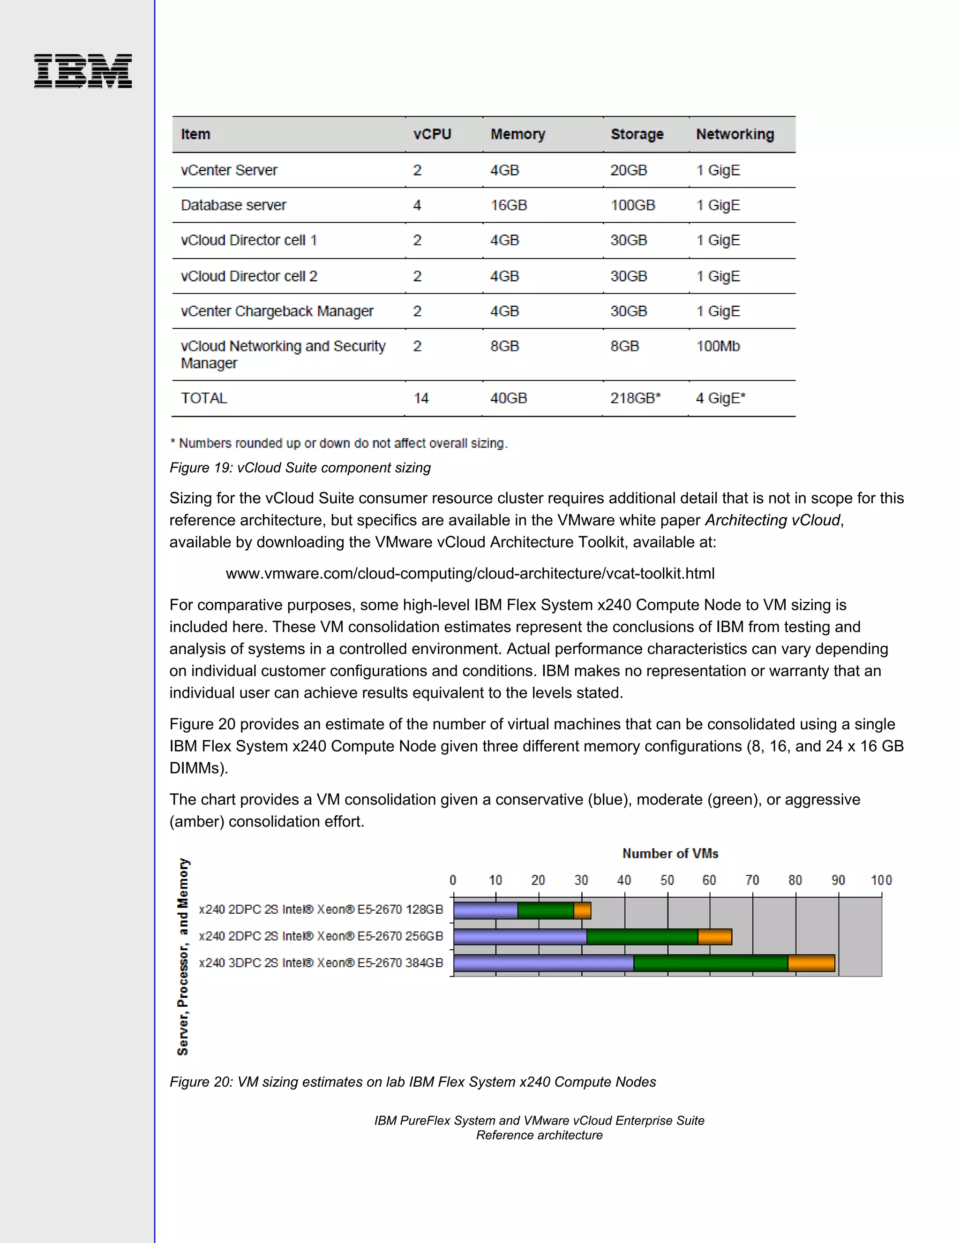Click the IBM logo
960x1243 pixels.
pyautogui.click(x=83, y=71)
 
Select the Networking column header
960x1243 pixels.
pyautogui.click(x=735, y=134)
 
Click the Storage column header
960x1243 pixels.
pyautogui.click(x=637, y=134)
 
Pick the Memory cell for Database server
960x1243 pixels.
pyautogui.click(x=509, y=205)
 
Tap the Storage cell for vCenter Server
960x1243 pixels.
pyautogui.click(x=629, y=170)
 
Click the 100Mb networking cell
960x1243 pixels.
pyautogui.click(x=718, y=346)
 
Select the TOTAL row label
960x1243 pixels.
pyautogui.click(x=203, y=398)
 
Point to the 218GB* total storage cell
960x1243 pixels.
pyautogui.click(x=635, y=398)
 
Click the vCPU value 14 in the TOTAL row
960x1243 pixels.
pyautogui.click(x=421, y=398)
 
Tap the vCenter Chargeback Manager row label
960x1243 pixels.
pyautogui.click(x=277, y=311)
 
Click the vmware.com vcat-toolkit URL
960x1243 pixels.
pyautogui.click(x=470, y=573)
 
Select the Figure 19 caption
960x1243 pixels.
pyautogui.click(x=300, y=468)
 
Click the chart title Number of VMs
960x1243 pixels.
pyautogui.click(x=670, y=854)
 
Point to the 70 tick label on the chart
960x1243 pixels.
pyautogui.click(x=752, y=880)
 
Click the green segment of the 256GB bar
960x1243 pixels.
pyautogui.click(x=642, y=937)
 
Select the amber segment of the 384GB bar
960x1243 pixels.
pyautogui.click(x=811, y=963)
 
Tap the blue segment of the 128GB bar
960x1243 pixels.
pyautogui.click(x=486, y=910)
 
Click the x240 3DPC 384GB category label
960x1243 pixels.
pyautogui.click(x=321, y=963)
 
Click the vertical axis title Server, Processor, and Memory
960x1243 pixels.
pyautogui.click(x=182, y=956)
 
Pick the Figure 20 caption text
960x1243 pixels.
pyautogui.click(x=412, y=1082)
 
